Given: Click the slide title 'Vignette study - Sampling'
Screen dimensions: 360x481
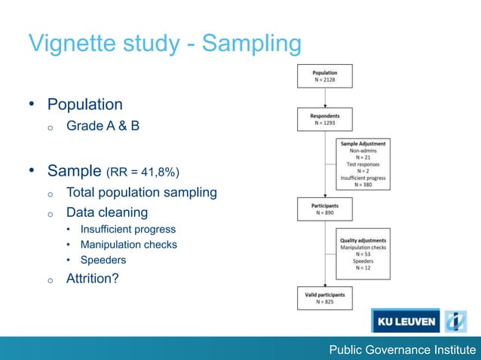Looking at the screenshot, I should pyautogui.click(x=164, y=44).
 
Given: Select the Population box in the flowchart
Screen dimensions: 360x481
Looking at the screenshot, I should pyautogui.click(x=325, y=76).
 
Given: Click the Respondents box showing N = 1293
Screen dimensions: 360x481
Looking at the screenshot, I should pyautogui.click(x=325, y=120).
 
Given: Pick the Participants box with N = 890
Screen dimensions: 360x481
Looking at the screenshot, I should pyautogui.click(x=325, y=209).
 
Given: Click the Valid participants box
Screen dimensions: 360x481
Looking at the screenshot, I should pyautogui.click(x=325, y=298).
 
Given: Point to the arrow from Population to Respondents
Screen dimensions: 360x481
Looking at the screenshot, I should pyautogui.click(x=325, y=98).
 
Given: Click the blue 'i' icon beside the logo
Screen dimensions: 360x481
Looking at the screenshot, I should pyautogui.click(x=455, y=322).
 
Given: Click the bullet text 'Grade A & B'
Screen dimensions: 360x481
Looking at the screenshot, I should pyautogui.click(x=103, y=126).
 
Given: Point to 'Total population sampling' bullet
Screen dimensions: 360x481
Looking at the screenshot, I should pyautogui.click(x=141, y=192).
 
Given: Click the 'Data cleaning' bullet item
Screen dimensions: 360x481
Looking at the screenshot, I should pyautogui.click(x=106, y=212).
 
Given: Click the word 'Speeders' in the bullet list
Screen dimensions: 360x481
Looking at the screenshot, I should pyautogui.click(x=105, y=260).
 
